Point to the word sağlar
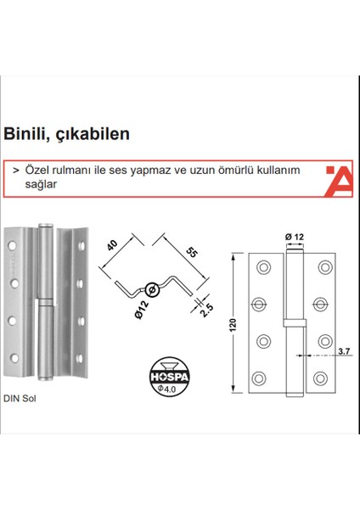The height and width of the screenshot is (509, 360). click(42, 184)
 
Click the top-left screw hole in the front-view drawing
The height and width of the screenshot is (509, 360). click(262, 267)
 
